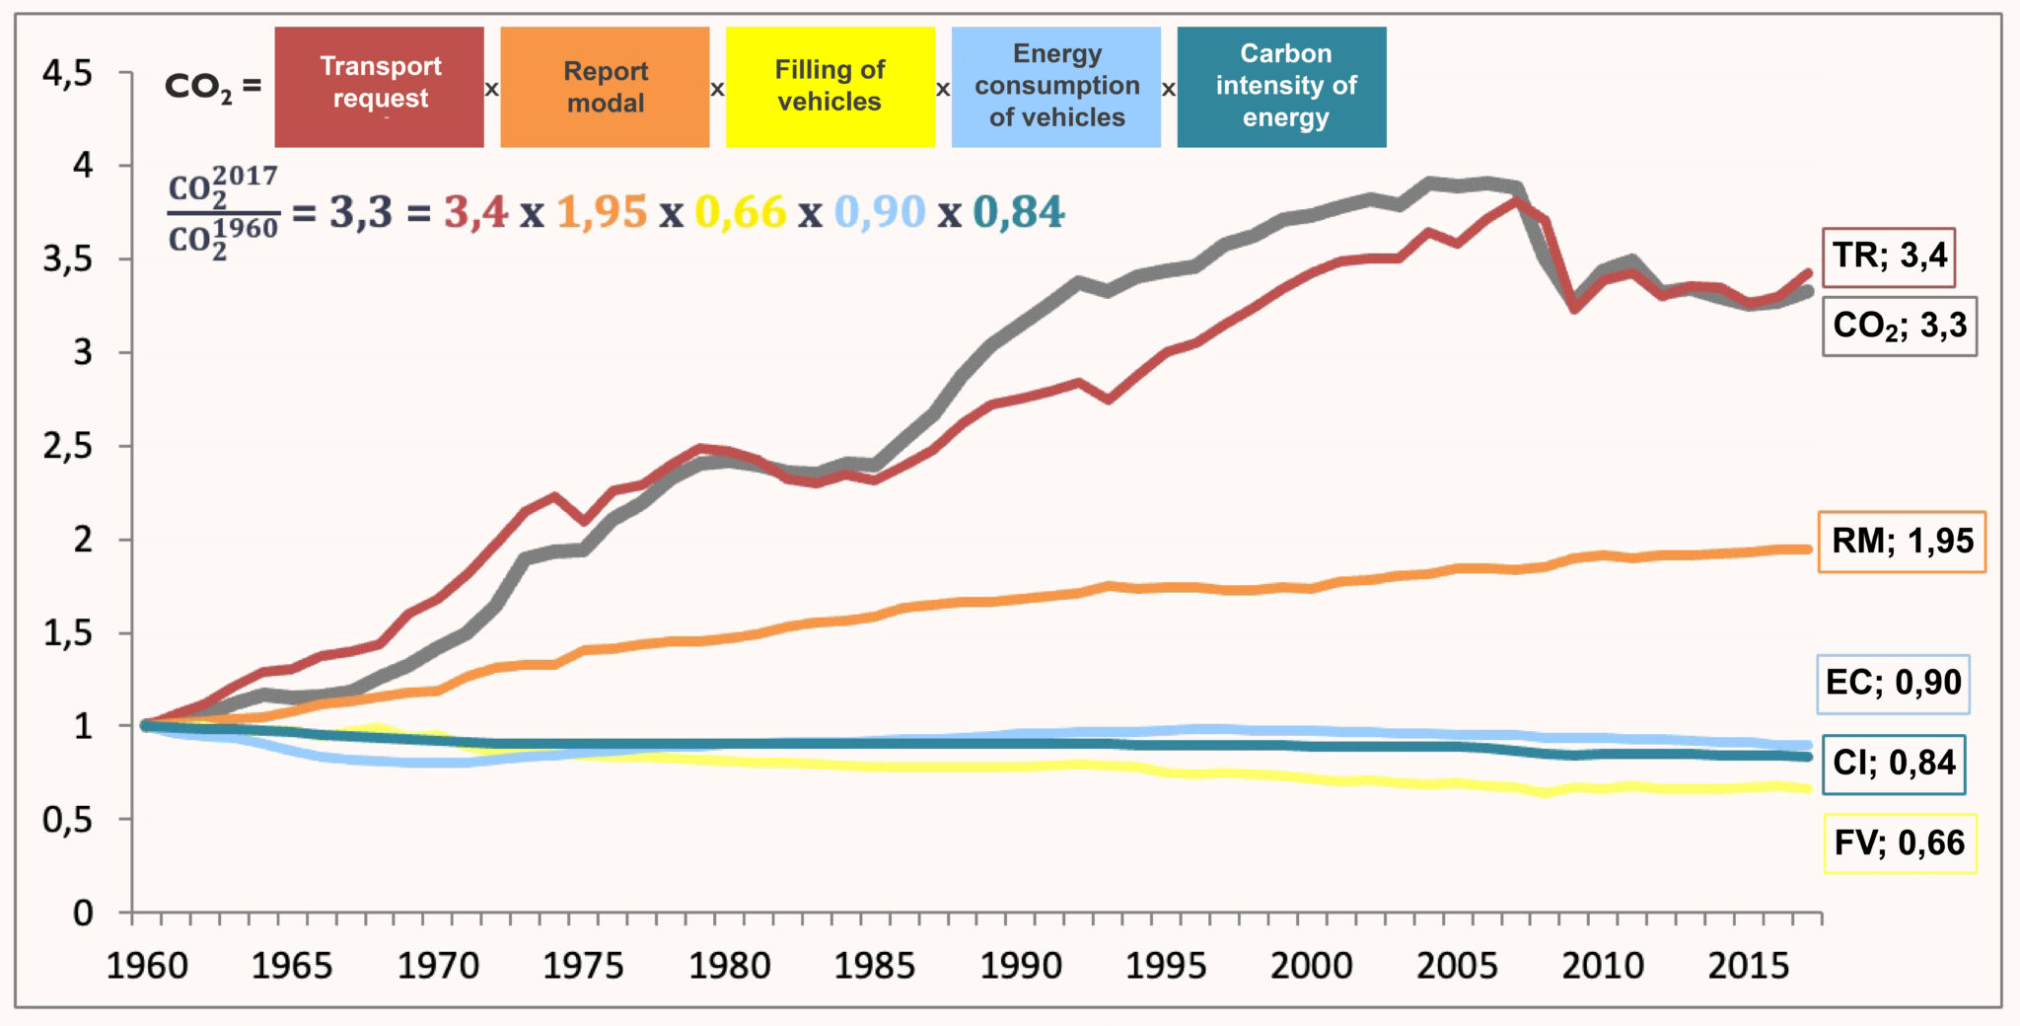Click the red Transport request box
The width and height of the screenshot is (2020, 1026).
click(380, 87)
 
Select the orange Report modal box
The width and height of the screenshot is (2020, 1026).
click(605, 87)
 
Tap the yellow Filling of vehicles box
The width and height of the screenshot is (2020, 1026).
click(830, 87)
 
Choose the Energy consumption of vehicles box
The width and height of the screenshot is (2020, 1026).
click(1056, 87)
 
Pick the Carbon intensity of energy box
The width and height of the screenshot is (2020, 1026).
click(1282, 87)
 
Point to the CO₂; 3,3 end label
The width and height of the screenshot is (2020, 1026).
click(1899, 326)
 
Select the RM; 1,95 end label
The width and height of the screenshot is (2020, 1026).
click(1902, 542)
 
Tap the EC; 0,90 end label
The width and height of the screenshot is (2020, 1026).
click(1893, 684)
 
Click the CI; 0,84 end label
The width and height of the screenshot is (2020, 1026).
click(1893, 764)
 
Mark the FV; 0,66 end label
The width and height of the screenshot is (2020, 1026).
click(1900, 843)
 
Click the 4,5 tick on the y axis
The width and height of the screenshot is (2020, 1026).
click(67, 73)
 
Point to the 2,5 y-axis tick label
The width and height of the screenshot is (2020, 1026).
click(67, 447)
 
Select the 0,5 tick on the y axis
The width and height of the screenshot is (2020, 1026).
click(67, 820)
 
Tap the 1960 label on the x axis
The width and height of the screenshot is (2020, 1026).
click(147, 966)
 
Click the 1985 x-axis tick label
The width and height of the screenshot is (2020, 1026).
click(875, 966)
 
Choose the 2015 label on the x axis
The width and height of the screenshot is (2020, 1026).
click(1748, 966)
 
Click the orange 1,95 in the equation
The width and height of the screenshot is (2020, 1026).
click(602, 212)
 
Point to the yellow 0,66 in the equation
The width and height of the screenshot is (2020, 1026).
click(741, 212)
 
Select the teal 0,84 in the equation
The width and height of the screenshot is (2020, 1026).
click(1019, 212)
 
